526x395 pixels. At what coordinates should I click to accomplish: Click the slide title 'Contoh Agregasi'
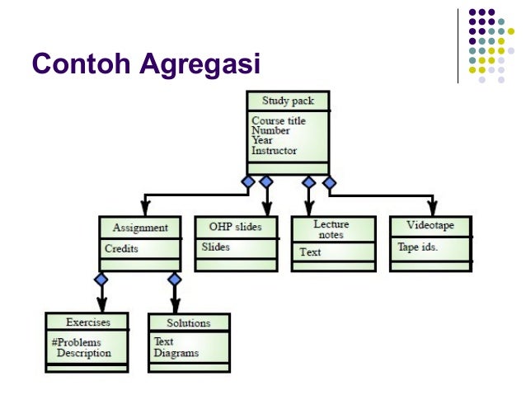click(145, 63)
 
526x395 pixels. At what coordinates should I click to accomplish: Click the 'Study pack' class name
click(288, 101)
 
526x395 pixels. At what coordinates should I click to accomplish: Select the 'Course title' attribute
click(278, 121)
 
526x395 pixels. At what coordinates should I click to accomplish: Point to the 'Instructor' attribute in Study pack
click(274, 151)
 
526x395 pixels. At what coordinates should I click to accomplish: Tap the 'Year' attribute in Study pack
click(262, 141)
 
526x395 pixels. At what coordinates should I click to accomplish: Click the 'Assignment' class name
click(140, 228)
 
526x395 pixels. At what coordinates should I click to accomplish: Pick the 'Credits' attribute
click(121, 248)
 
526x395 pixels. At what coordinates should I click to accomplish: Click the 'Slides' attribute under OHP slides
click(216, 247)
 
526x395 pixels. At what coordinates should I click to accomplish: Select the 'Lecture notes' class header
click(331, 229)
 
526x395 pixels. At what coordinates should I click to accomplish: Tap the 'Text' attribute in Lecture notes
click(310, 252)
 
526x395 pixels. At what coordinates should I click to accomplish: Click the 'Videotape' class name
click(430, 226)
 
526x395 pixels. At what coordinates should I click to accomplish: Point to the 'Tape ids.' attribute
click(417, 247)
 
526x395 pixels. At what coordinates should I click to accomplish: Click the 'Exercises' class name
click(87, 322)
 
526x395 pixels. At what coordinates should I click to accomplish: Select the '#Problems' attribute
click(76, 342)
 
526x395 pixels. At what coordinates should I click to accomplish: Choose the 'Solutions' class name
click(188, 322)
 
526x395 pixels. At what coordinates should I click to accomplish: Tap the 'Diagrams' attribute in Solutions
click(176, 353)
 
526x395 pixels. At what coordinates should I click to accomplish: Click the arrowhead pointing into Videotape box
click(432, 209)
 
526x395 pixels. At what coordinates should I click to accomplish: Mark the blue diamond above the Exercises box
click(101, 280)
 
